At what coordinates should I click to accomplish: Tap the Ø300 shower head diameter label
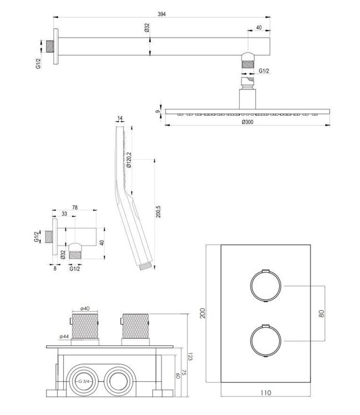(x=248, y=123)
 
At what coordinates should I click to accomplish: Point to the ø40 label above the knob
(x=85, y=308)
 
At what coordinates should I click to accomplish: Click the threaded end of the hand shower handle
(x=145, y=267)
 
